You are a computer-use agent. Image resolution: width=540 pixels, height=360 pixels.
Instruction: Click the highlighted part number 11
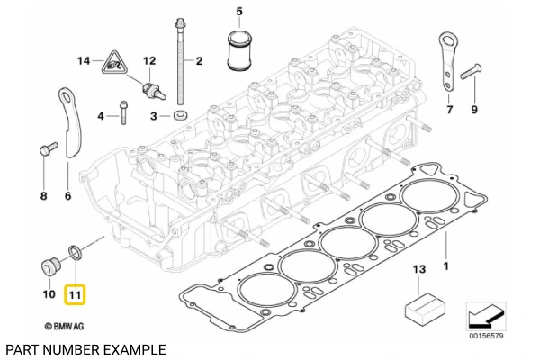tap(75, 294)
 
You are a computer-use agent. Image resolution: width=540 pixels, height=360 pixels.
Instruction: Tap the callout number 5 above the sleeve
tap(239, 12)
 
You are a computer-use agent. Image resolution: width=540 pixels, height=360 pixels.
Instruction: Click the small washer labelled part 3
tap(181, 116)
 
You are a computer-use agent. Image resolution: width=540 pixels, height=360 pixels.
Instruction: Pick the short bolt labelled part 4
tap(124, 115)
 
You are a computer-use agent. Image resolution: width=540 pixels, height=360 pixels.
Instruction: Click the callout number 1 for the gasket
tap(443, 265)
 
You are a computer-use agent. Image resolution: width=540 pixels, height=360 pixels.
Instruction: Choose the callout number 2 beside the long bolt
tap(199, 62)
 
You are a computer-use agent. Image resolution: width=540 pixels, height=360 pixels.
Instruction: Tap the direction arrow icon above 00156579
tap(486, 316)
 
